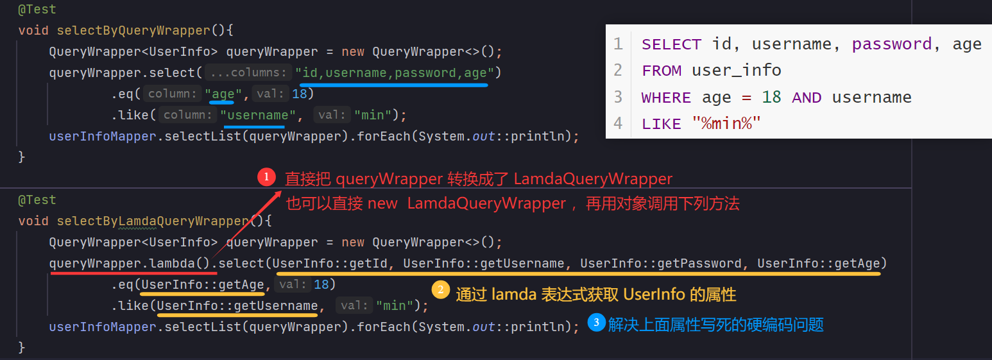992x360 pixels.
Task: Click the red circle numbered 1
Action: coord(266,178)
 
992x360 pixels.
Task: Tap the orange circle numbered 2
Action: coord(440,289)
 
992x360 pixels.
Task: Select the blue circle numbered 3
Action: coord(597,323)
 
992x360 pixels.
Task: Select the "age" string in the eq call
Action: coord(223,94)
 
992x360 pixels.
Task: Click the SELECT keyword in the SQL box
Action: coord(671,44)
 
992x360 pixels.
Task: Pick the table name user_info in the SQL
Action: coord(736,70)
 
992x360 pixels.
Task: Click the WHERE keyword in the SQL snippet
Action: coord(666,98)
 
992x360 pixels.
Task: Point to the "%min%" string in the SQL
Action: coord(726,123)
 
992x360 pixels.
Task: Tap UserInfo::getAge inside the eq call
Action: coord(203,284)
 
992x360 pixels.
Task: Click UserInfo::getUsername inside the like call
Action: coord(237,305)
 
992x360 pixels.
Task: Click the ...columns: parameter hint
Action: coord(250,73)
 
